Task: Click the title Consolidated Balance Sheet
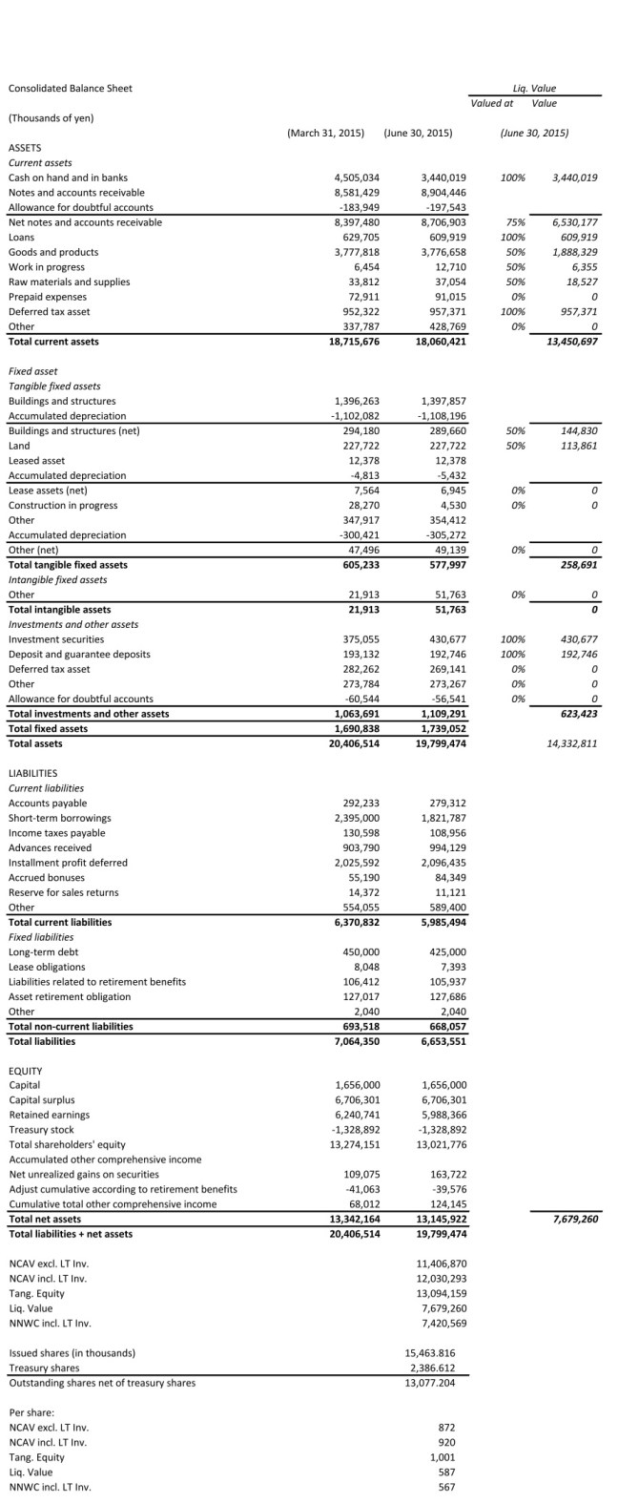tap(70, 89)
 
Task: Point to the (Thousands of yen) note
tap(51, 117)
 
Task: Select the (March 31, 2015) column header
tap(325, 133)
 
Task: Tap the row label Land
tap(19, 446)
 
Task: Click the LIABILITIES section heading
tap(32, 773)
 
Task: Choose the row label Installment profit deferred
tap(67, 863)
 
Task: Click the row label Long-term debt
tap(43, 951)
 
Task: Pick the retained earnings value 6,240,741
tap(357, 1115)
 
